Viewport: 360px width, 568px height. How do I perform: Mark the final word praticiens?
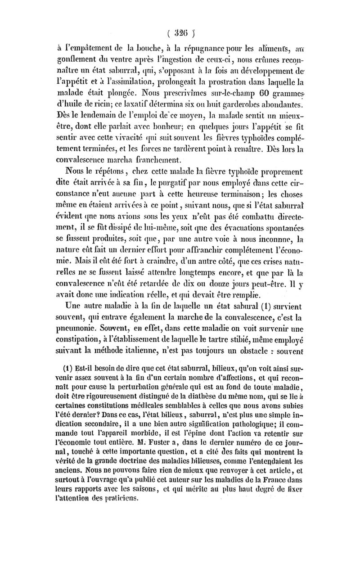pyautogui.click(x=114, y=499)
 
